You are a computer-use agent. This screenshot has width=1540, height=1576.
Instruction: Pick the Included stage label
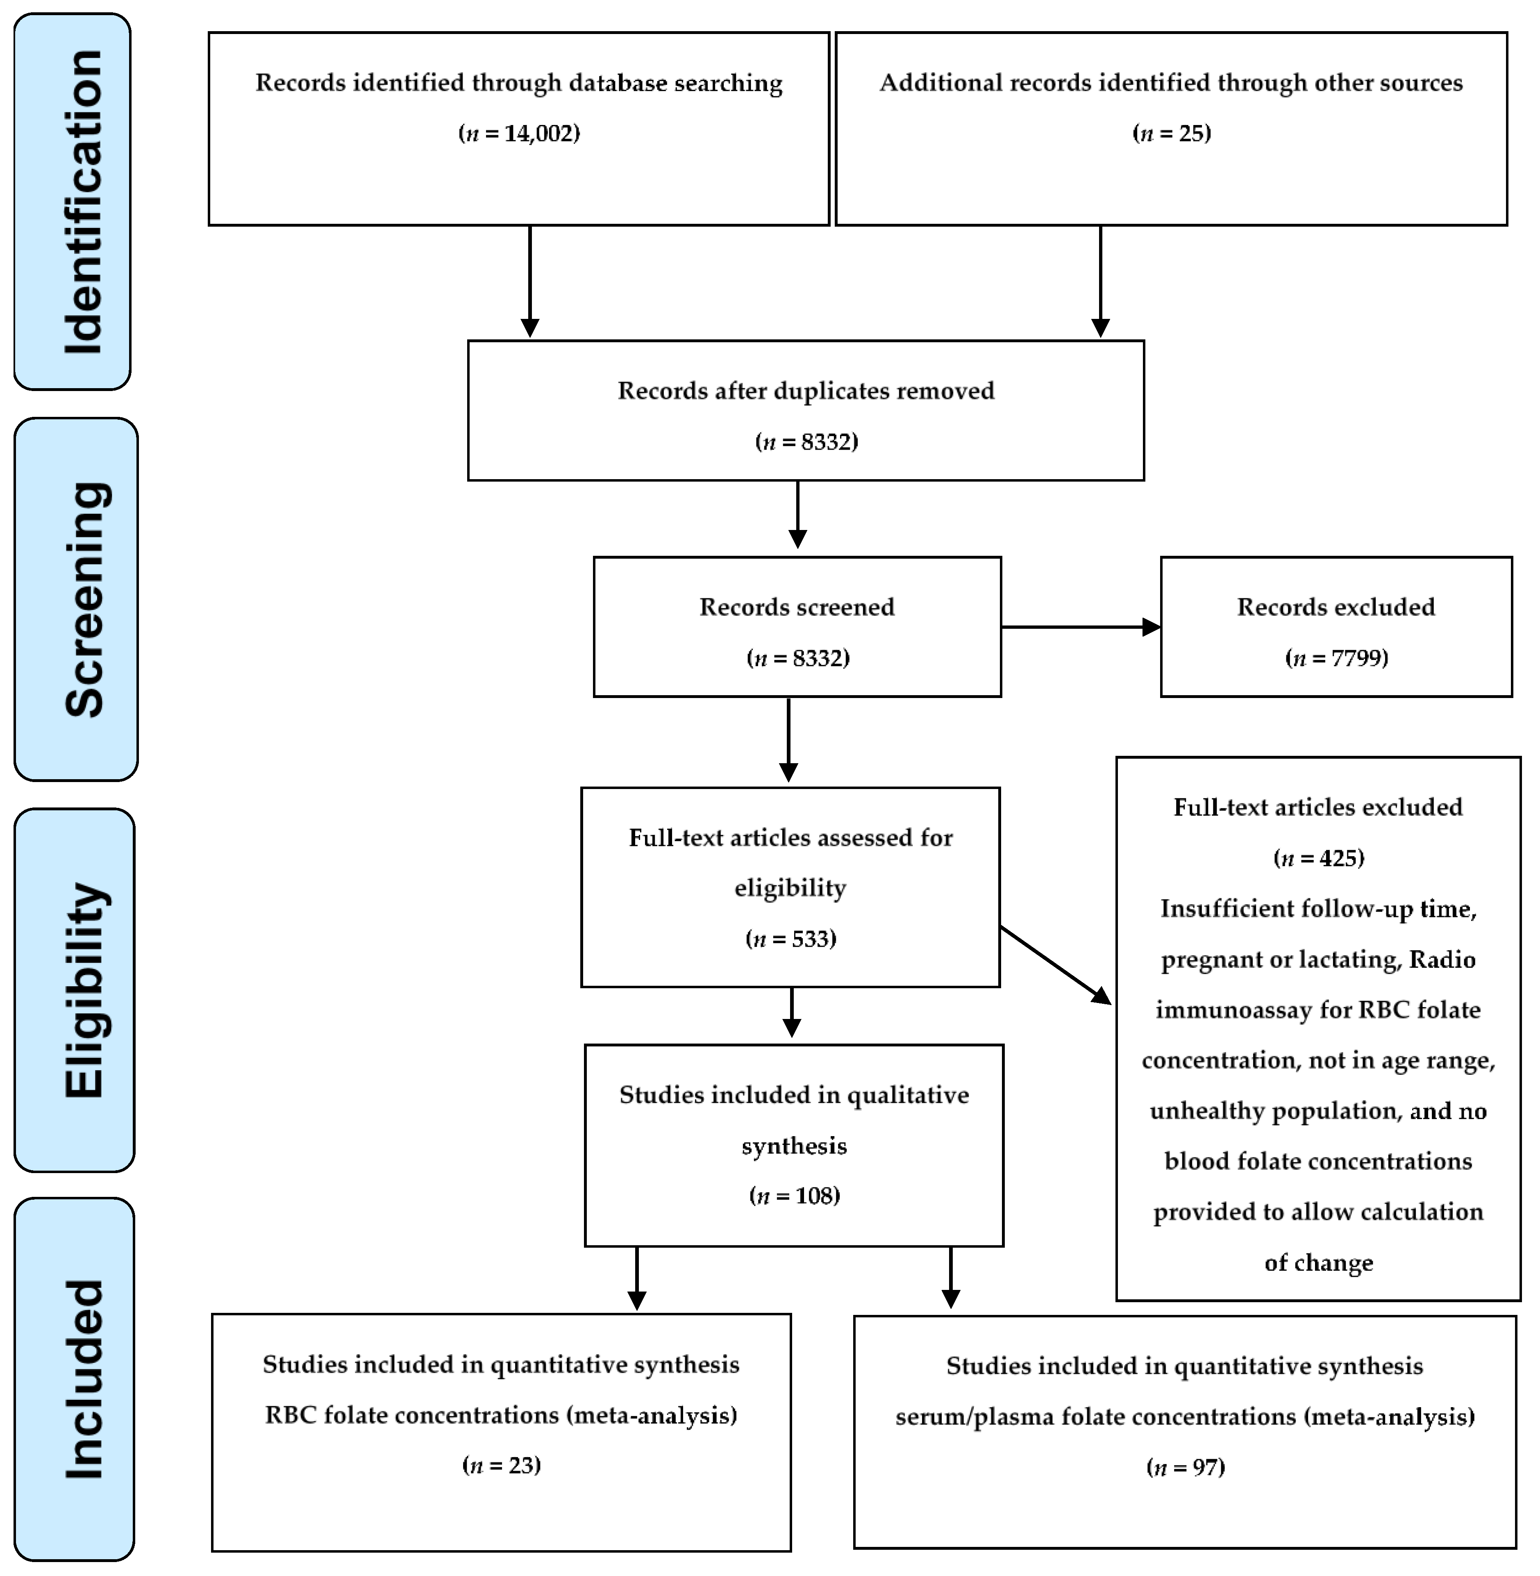coord(83,1379)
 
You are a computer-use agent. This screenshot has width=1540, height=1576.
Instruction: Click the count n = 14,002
coord(519,134)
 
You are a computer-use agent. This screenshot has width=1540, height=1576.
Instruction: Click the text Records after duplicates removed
coord(806,391)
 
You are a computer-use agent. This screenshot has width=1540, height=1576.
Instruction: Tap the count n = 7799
coord(1336,658)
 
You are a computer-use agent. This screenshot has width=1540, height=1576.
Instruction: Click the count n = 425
coord(1318,857)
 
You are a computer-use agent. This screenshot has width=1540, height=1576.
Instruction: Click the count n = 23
coord(502,1465)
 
